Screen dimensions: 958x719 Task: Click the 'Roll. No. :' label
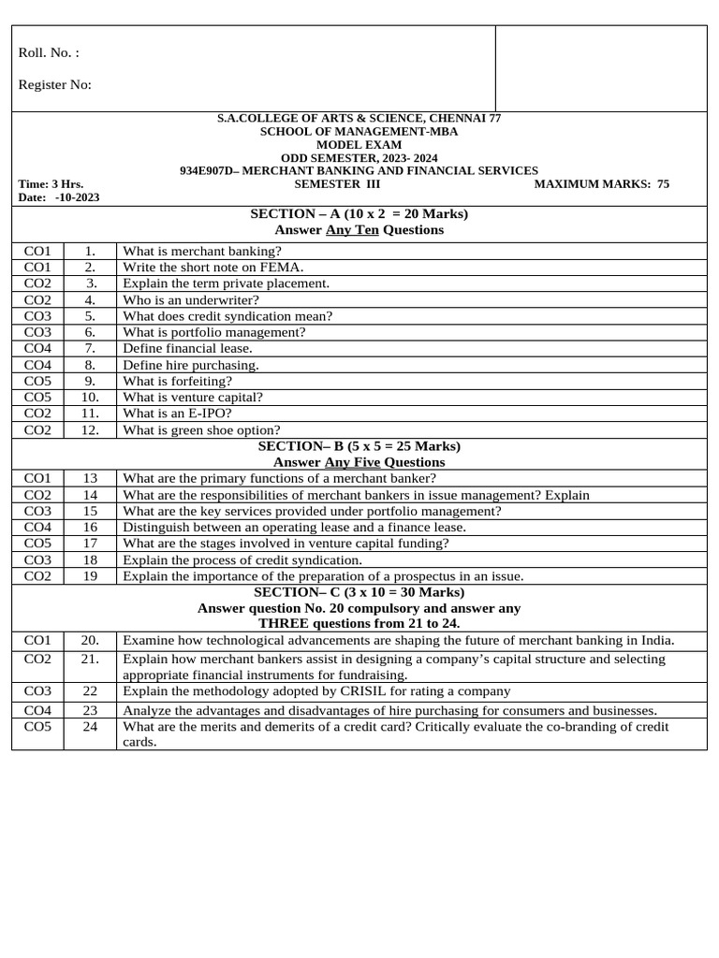click(49, 53)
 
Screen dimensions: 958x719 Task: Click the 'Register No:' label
click(54, 85)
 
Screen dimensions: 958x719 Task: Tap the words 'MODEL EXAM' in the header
click(359, 145)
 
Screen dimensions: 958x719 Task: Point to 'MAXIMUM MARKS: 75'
click(601, 184)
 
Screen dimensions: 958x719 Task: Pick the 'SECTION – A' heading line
click(359, 214)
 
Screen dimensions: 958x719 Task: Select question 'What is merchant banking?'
click(201, 251)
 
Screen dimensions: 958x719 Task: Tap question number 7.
click(90, 348)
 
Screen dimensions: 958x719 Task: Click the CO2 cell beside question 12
click(37, 429)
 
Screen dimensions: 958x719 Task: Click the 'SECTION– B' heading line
click(359, 446)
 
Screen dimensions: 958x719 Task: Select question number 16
click(90, 527)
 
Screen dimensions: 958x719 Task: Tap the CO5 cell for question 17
click(37, 543)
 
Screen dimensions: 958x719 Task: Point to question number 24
click(90, 727)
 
